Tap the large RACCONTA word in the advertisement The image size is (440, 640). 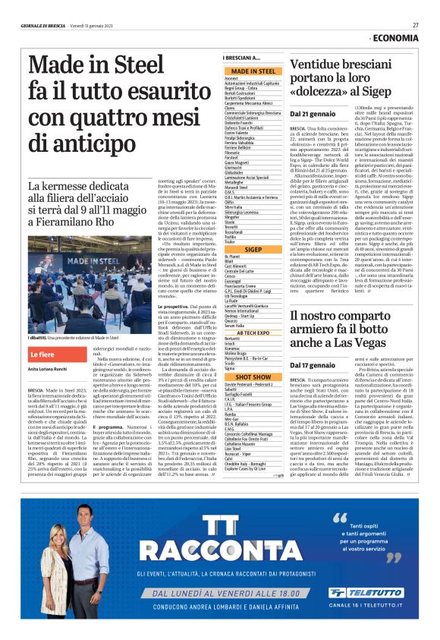point(220,549)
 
